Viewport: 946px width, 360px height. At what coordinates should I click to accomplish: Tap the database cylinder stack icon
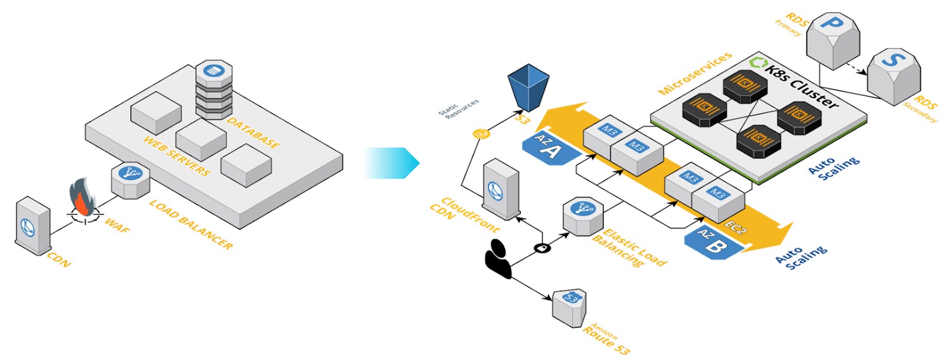click(213, 89)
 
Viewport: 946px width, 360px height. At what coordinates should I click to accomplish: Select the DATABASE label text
click(253, 132)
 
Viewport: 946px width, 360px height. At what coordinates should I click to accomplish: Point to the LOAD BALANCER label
click(190, 224)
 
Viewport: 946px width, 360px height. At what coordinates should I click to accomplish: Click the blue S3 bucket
click(528, 86)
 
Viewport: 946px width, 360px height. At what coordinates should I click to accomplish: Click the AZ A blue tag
click(550, 149)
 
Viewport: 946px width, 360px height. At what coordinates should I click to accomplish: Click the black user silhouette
click(498, 259)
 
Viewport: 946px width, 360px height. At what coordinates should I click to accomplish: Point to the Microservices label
click(695, 73)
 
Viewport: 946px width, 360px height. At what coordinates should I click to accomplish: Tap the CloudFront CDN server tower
click(500, 190)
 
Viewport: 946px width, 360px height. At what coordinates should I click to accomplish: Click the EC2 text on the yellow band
click(736, 228)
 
